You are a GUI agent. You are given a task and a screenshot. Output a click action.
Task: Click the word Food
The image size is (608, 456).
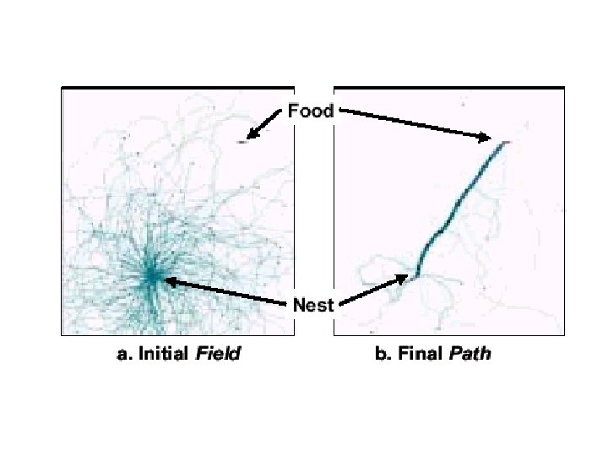[x=311, y=110]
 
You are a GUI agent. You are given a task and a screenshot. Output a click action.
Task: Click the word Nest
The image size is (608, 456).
[x=313, y=306]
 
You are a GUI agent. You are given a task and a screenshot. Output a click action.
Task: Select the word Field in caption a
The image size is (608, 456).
[x=218, y=355]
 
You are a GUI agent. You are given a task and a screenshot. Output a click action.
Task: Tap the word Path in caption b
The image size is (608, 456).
[x=470, y=355]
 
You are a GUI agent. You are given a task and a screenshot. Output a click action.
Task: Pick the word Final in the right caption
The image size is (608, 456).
[x=421, y=355]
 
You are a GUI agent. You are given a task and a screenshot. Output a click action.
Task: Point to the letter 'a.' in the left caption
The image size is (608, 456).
[x=123, y=355]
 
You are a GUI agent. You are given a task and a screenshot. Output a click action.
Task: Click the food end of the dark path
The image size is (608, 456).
[x=503, y=144]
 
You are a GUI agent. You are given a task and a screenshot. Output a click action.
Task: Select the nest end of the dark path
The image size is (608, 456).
[x=415, y=274]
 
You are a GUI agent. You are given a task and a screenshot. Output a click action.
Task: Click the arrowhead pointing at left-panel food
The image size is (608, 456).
[x=252, y=134]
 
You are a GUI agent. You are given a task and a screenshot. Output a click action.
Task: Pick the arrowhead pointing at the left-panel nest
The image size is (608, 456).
[x=168, y=281]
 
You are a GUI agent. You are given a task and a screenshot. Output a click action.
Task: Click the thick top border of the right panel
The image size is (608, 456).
[x=448, y=87]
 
